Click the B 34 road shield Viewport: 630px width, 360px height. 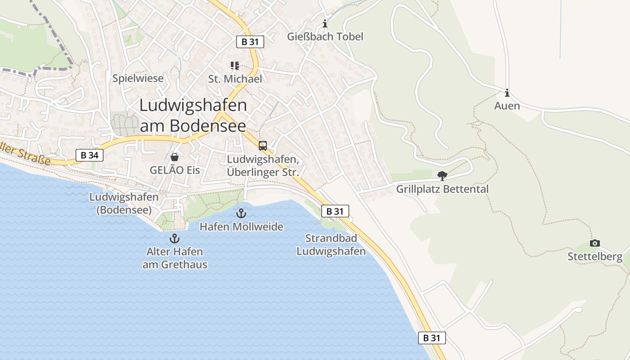[x=90, y=156]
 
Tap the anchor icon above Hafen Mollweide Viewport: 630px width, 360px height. [x=242, y=213]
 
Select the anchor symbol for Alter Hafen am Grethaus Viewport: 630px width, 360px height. [x=175, y=238]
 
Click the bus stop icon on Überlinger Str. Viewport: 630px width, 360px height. [x=263, y=146]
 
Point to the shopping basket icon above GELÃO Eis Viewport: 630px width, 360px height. [x=175, y=157]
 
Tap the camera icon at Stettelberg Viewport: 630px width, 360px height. [x=595, y=243]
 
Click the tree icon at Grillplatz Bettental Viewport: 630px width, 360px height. [x=442, y=176]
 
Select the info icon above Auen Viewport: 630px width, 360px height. [x=507, y=93]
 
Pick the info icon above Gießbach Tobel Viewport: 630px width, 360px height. [x=325, y=24]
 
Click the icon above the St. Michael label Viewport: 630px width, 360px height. [x=234, y=66]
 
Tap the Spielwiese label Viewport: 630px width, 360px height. [x=138, y=79]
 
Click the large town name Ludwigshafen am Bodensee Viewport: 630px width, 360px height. [x=193, y=115]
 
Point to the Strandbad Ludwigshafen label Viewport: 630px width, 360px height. [x=331, y=245]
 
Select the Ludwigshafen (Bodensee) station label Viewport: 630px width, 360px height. [x=124, y=203]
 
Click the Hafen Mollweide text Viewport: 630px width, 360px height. [x=242, y=227]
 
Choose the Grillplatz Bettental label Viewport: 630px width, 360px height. [x=442, y=189]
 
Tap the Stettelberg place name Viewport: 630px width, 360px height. [x=595, y=257]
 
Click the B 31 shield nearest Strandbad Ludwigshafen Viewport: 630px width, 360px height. [x=335, y=211]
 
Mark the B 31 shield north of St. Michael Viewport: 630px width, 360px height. [x=250, y=42]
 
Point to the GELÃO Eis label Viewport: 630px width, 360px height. [x=175, y=171]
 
